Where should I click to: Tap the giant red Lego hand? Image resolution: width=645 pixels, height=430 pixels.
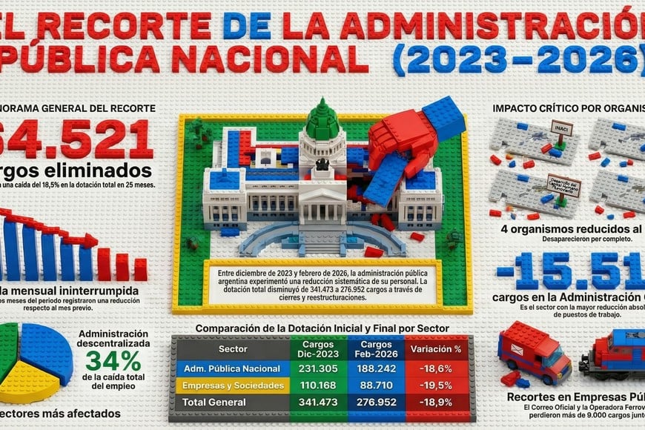click(x=401, y=141)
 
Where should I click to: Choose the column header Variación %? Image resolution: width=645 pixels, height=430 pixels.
click(x=436, y=348)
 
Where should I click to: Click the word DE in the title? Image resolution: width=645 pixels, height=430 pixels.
click(x=248, y=27)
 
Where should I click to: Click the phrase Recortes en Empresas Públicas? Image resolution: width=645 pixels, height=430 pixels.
click(x=575, y=396)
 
